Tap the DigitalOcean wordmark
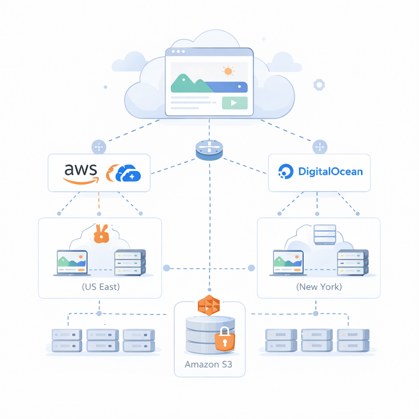tap(331, 171)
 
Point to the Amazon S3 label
tap(208, 364)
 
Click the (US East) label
tap(101, 286)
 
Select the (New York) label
tap(319, 286)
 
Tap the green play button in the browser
tap(234, 103)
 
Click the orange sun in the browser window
tap(228, 71)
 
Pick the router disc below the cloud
tap(209, 150)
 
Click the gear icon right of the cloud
tap(319, 85)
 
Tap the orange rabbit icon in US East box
tap(101, 234)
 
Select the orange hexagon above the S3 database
tap(209, 305)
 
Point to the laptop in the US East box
tap(72, 263)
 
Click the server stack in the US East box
tap(130, 262)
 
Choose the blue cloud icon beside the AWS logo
tap(128, 173)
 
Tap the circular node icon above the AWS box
tap(99, 146)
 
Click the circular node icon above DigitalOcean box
tap(320, 147)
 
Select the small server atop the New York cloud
tap(324, 235)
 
